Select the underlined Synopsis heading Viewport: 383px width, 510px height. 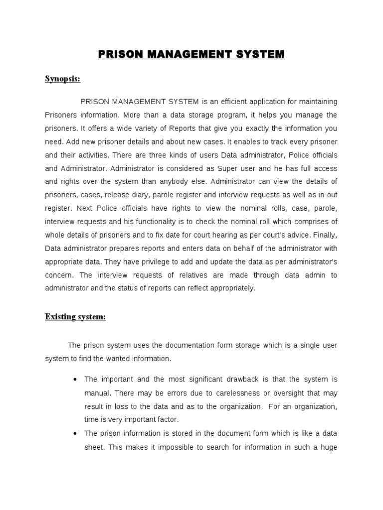pos(63,79)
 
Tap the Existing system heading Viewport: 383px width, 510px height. pos(75,317)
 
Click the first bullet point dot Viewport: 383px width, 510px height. pos(74,380)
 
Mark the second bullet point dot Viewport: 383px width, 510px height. pos(74,434)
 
